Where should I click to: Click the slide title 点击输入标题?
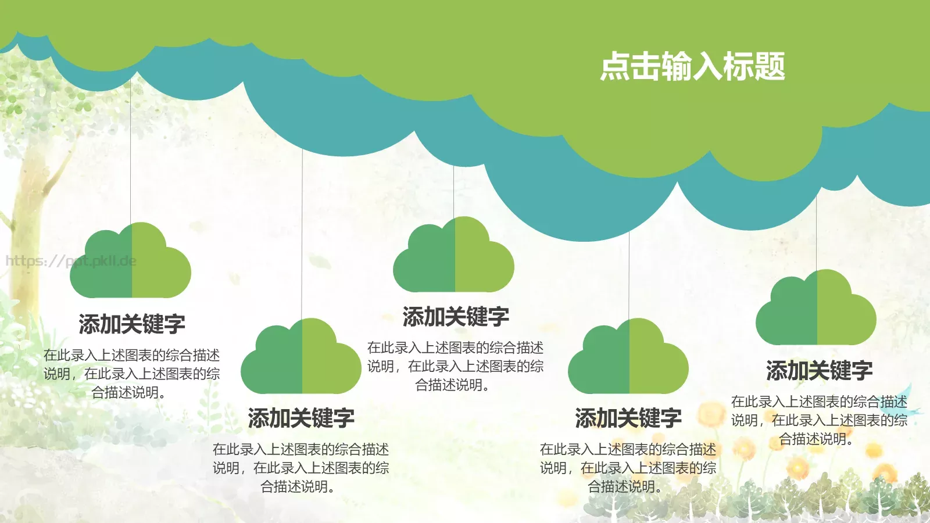[x=692, y=66]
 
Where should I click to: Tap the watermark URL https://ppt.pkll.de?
[x=71, y=261]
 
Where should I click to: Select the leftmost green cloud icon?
[x=131, y=262]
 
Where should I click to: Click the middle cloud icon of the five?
[x=454, y=256]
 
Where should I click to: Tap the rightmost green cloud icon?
[x=816, y=309]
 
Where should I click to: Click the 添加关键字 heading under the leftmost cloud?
[x=132, y=324]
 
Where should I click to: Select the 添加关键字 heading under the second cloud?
[x=301, y=418]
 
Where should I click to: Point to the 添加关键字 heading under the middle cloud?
[x=456, y=317]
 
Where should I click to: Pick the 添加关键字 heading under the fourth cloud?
[x=628, y=418]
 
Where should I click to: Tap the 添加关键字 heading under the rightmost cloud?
[x=819, y=371]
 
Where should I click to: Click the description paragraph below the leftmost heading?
[x=132, y=374]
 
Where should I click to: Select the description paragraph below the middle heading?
[x=456, y=366]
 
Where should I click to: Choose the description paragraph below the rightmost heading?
[x=819, y=420]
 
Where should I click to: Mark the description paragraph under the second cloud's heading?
[x=301, y=468]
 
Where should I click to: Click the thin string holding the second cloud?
[x=302, y=232]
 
